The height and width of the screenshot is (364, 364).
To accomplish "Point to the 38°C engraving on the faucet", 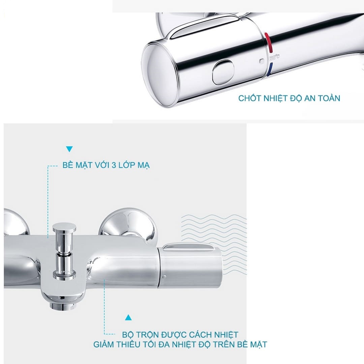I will [275, 57].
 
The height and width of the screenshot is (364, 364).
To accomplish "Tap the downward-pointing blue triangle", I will [69, 149].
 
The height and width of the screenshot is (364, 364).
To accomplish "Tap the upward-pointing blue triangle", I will [128, 317].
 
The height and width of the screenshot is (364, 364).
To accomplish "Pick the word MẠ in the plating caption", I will [144, 165].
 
